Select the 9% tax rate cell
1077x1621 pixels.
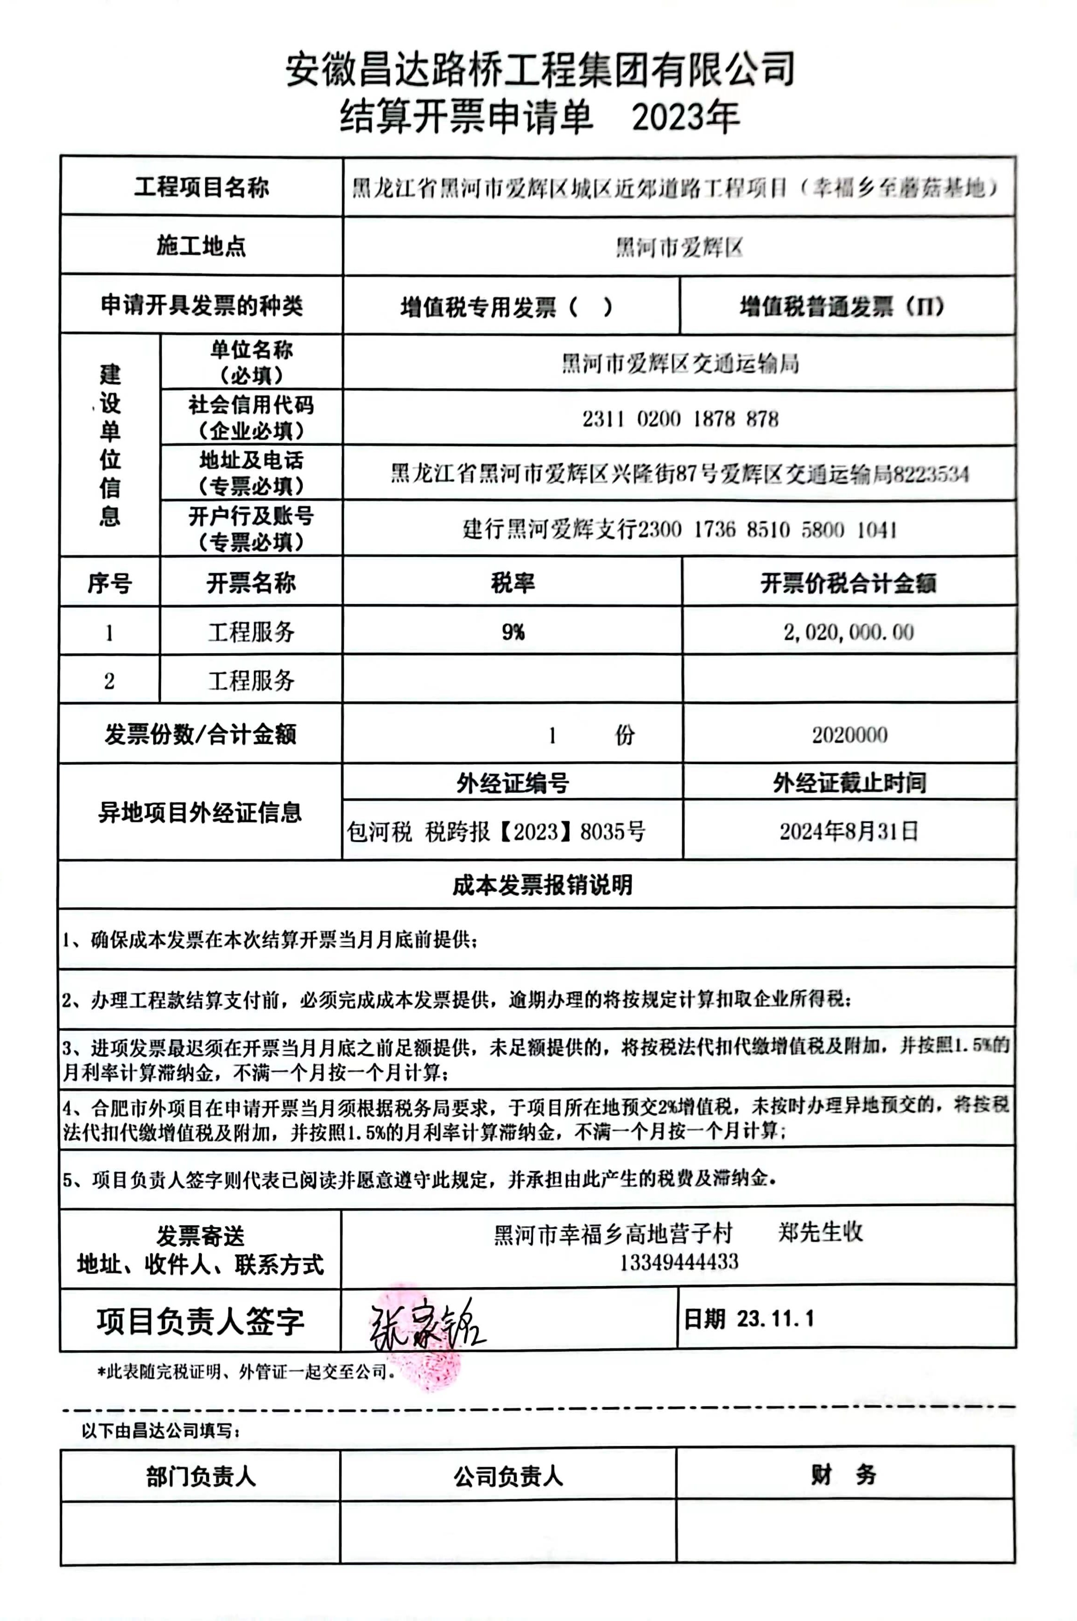[x=513, y=632]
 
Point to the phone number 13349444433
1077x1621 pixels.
[x=678, y=1262]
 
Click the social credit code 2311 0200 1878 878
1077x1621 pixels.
[x=680, y=419]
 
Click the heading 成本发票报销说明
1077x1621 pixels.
[x=542, y=885]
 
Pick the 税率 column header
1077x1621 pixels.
[x=513, y=583]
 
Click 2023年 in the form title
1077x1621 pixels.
[x=685, y=117]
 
